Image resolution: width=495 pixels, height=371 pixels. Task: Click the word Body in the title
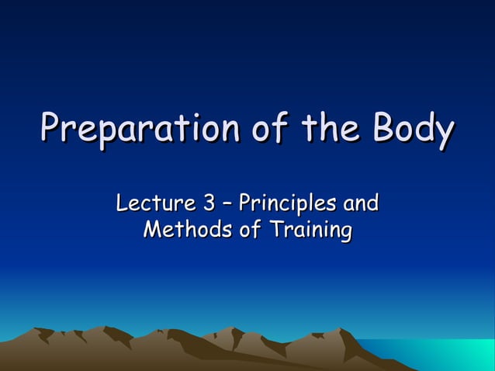point(412,130)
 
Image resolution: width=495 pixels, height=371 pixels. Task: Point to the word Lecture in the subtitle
point(154,204)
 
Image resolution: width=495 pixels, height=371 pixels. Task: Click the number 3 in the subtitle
point(209,204)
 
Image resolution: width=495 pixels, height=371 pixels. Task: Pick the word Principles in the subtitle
point(287,204)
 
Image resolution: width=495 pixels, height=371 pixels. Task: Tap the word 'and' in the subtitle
point(361,204)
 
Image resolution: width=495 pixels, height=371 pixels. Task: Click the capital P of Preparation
point(52,130)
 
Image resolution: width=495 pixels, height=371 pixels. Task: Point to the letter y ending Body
point(443,133)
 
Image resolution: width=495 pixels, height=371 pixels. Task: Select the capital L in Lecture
point(122,204)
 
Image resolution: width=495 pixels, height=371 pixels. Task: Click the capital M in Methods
point(153,231)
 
